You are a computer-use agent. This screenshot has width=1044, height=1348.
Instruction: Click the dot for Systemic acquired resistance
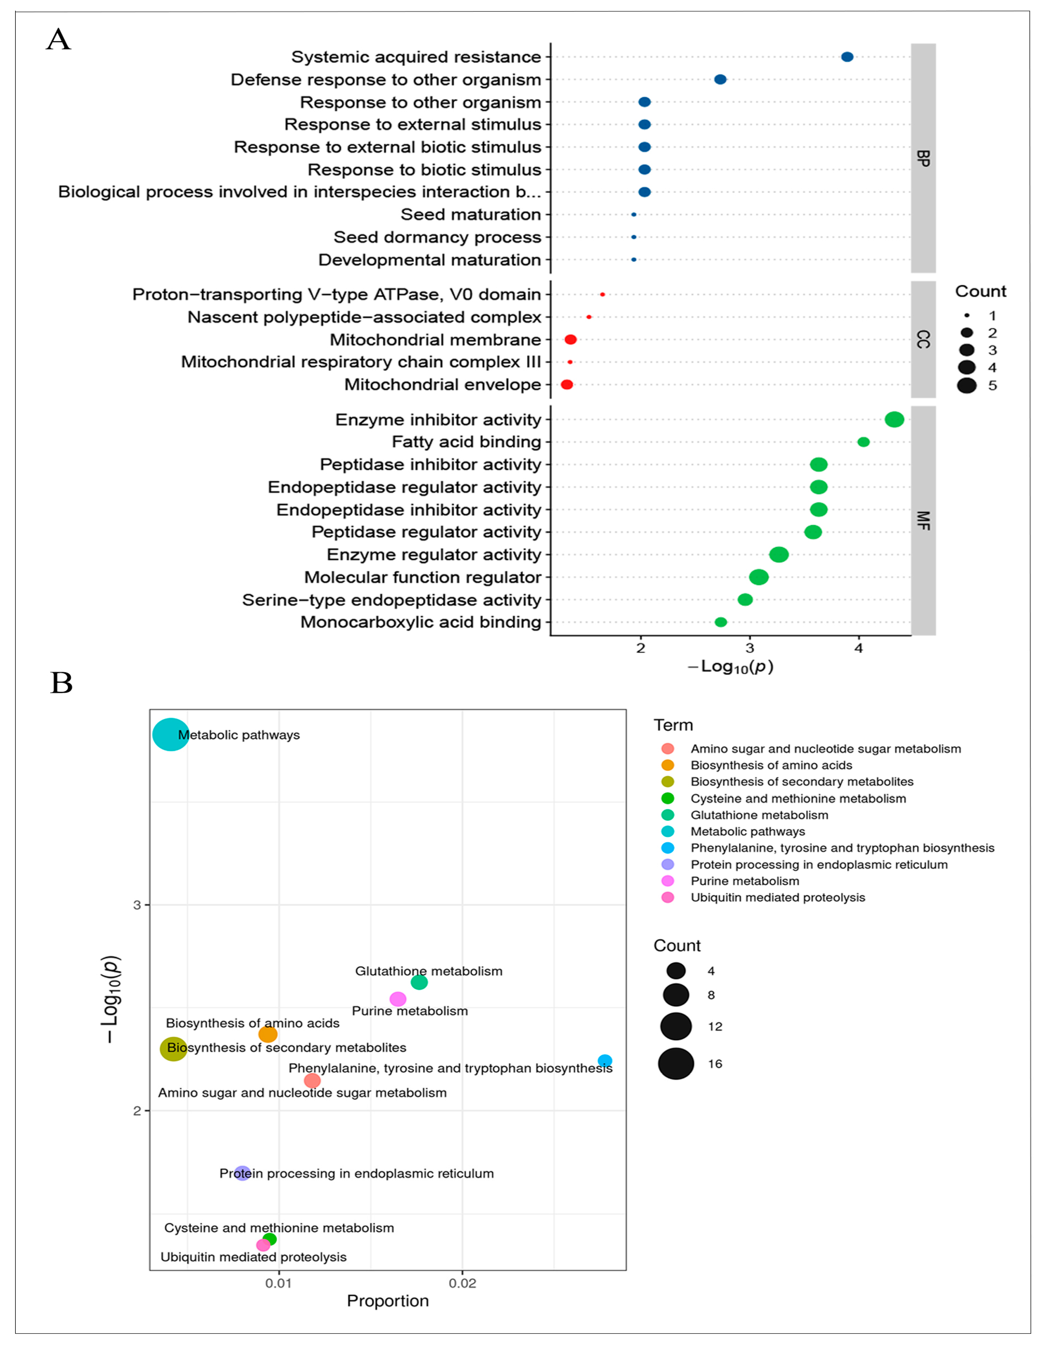click(x=847, y=57)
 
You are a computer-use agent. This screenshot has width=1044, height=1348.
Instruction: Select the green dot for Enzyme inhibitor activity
click(x=894, y=420)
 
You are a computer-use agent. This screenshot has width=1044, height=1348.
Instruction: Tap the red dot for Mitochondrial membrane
click(x=571, y=339)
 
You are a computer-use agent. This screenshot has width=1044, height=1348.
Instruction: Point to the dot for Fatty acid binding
click(x=863, y=442)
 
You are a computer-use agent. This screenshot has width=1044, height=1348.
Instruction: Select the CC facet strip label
click(x=923, y=339)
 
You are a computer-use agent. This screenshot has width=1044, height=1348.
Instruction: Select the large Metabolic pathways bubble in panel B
click(x=170, y=735)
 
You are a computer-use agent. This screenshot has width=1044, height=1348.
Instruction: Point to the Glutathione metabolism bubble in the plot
click(x=419, y=982)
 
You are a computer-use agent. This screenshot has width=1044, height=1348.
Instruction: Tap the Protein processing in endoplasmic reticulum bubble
click(x=242, y=1173)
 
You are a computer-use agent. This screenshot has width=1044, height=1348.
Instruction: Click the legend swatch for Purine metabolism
click(x=668, y=881)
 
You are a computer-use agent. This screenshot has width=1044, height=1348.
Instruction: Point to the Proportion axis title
click(x=387, y=1300)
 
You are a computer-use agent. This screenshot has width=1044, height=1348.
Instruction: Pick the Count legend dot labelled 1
click(x=967, y=316)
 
